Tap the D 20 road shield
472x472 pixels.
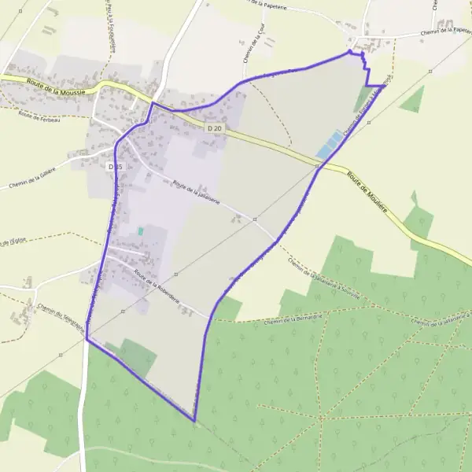coord(215,127)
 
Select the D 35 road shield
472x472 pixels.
coord(114,167)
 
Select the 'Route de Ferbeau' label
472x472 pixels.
coord(39,117)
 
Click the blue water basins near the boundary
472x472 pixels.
coord(330,144)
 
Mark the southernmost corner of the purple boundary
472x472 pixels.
coord(194,421)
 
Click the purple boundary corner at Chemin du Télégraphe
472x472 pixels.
coord(87,340)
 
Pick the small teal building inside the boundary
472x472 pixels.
coord(141,231)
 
